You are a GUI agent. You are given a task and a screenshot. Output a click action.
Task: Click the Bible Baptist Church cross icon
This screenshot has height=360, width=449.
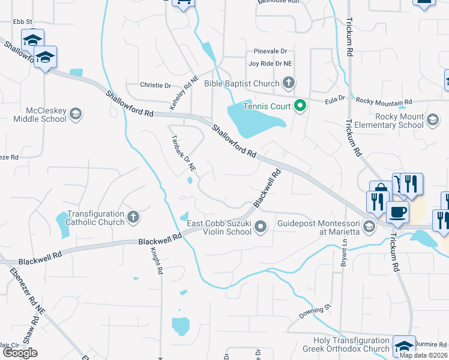[x=289, y=83]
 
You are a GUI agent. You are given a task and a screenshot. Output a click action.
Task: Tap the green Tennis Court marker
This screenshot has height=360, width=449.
[x=300, y=107]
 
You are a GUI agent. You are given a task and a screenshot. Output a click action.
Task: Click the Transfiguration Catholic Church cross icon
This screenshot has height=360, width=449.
[x=133, y=216]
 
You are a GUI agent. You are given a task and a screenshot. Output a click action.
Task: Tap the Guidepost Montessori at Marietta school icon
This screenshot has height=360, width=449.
[x=369, y=226]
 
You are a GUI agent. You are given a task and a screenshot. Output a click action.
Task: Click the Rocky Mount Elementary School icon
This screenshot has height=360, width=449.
[x=432, y=120]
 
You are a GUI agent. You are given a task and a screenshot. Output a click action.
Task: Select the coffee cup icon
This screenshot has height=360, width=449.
[x=397, y=211]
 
